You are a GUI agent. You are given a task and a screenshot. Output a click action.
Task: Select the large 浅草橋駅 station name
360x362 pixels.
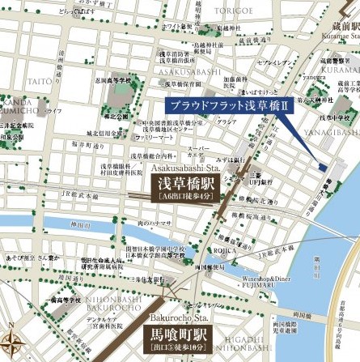pos(185,183)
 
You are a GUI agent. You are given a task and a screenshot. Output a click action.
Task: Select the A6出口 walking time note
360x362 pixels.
pos(185,197)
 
